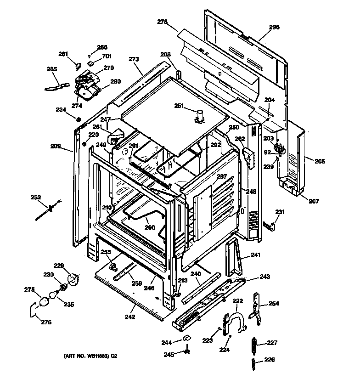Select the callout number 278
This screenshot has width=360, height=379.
click(x=162, y=21)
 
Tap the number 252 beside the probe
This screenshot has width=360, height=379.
click(x=36, y=198)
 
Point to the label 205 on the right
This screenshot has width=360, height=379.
click(x=320, y=161)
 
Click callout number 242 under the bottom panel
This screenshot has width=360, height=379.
click(x=130, y=317)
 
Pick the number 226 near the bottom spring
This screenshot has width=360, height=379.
click(x=270, y=359)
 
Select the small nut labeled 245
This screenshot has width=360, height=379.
click(x=187, y=352)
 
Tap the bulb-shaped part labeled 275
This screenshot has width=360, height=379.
click(x=44, y=301)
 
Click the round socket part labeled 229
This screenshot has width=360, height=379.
click(x=72, y=278)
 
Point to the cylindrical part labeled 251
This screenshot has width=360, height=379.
click(x=199, y=115)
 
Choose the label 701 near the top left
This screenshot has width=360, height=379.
click(x=107, y=57)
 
